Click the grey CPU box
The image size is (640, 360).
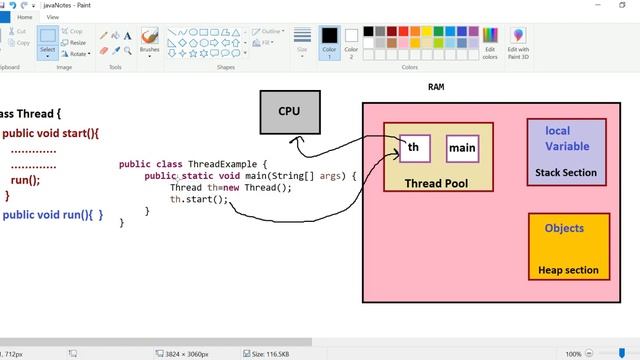click(x=289, y=112)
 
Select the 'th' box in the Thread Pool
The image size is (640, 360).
click(x=414, y=148)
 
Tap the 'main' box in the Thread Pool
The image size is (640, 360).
click(x=462, y=148)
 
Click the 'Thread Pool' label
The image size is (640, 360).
click(x=436, y=184)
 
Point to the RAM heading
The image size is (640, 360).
click(x=436, y=87)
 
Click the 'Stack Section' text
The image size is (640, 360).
click(x=566, y=173)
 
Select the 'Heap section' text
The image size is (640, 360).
click(x=568, y=270)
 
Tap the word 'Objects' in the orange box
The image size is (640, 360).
click(x=564, y=228)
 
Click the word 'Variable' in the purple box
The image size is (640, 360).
click(x=567, y=146)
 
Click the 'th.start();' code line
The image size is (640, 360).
click(x=199, y=199)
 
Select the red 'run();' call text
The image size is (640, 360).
click(x=25, y=181)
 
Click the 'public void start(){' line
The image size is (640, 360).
click(x=51, y=133)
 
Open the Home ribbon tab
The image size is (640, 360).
click(x=24, y=17)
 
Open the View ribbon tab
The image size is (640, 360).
click(x=53, y=17)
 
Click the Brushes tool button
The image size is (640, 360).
click(x=149, y=40)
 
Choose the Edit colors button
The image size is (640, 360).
click(x=490, y=42)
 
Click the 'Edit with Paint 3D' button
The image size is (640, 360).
click(x=518, y=42)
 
